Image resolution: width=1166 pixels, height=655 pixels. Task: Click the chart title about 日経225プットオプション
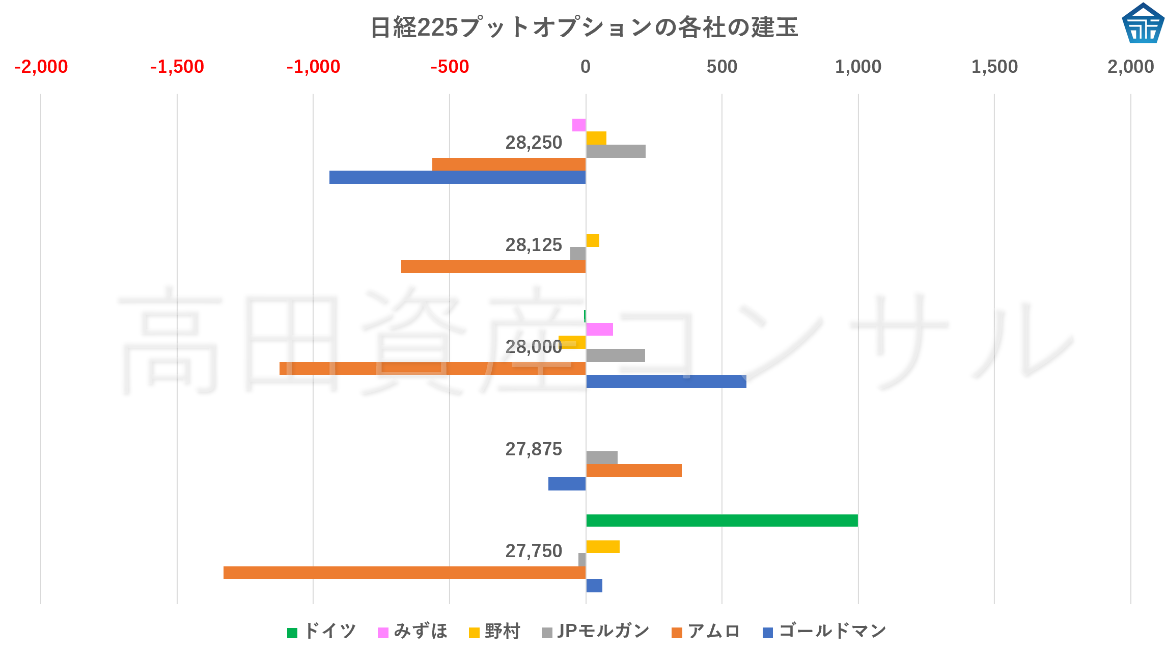click(x=584, y=28)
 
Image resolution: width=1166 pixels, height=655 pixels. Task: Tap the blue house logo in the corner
click(x=1143, y=23)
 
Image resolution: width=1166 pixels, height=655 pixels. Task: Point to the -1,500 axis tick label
click(x=177, y=67)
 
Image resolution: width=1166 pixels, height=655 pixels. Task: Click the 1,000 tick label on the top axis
click(x=858, y=67)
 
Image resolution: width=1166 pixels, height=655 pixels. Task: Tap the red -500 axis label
click(x=450, y=67)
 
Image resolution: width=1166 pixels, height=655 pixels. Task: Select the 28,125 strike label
click(x=533, y=245)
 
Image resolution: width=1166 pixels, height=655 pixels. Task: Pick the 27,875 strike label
click(x=533, y=449)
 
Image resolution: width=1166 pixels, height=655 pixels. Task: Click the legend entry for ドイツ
click(x=322, y=632)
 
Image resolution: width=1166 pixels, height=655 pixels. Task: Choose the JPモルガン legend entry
click(x=596, y=632)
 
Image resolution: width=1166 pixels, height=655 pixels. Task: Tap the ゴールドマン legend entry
click(x=825, y=632)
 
